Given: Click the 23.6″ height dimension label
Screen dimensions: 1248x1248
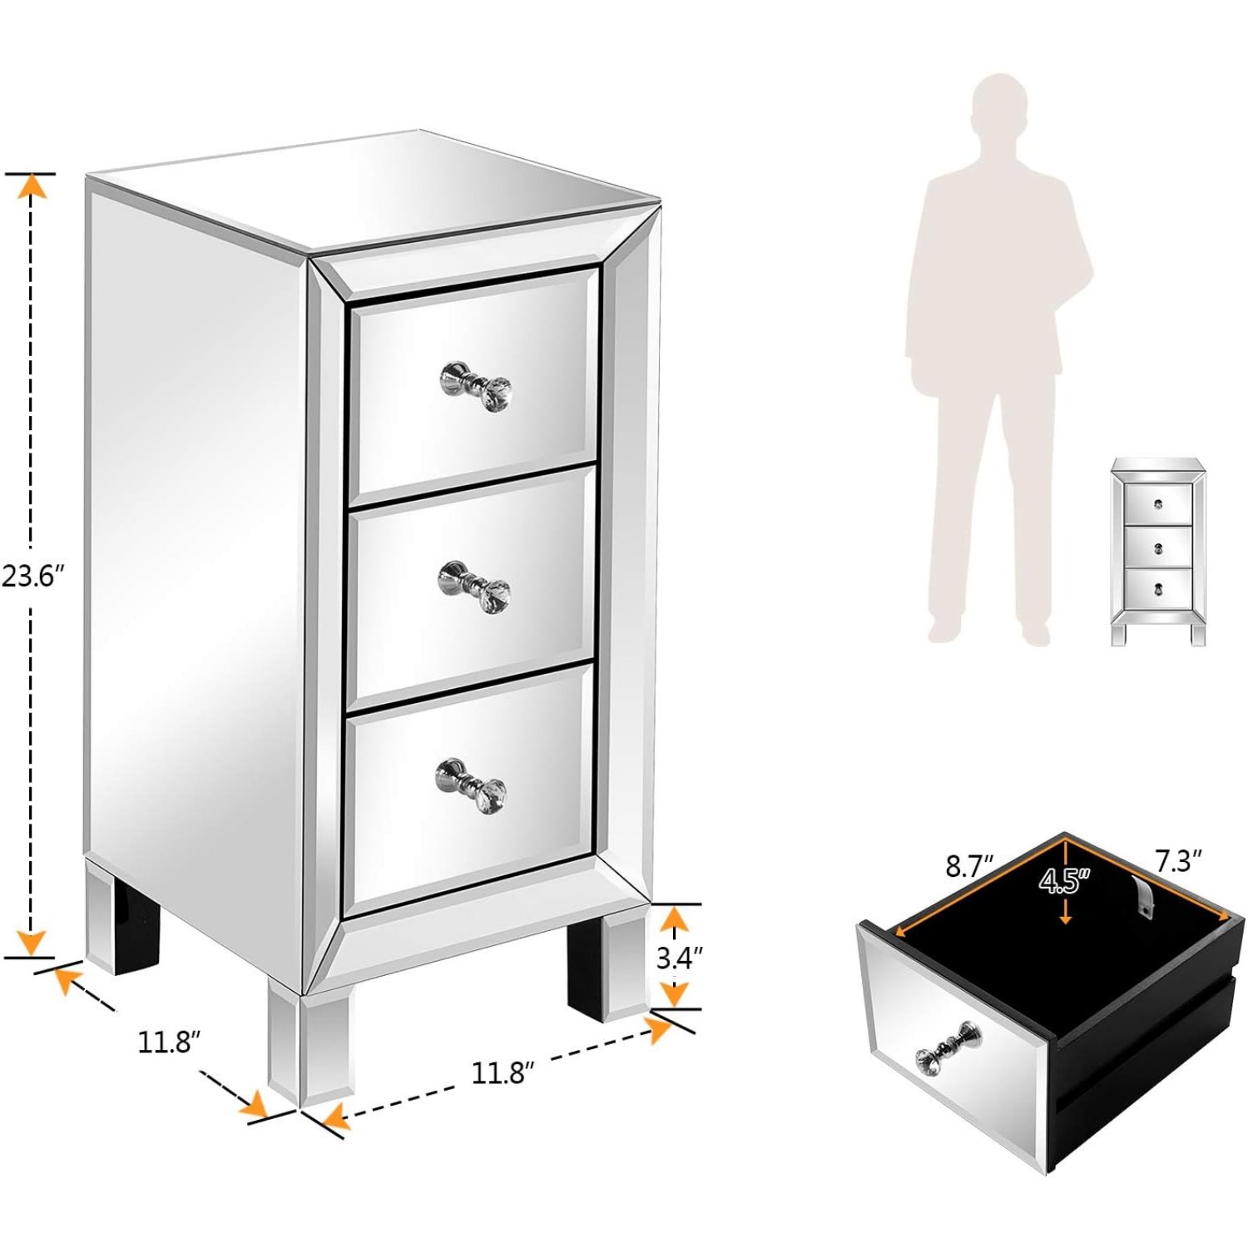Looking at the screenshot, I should point(32,575).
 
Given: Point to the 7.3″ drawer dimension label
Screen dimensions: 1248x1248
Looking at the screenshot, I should point(1178,861).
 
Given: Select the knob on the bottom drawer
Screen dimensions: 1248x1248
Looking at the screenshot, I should point(471,785).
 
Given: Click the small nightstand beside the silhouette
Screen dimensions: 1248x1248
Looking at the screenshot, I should point(1157,551).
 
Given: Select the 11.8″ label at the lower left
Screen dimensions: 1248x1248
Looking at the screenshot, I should point(169,1042).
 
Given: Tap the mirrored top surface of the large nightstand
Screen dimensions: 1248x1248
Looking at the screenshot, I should point(374,187).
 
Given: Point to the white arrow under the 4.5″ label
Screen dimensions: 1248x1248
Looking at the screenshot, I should point(1065,913).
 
